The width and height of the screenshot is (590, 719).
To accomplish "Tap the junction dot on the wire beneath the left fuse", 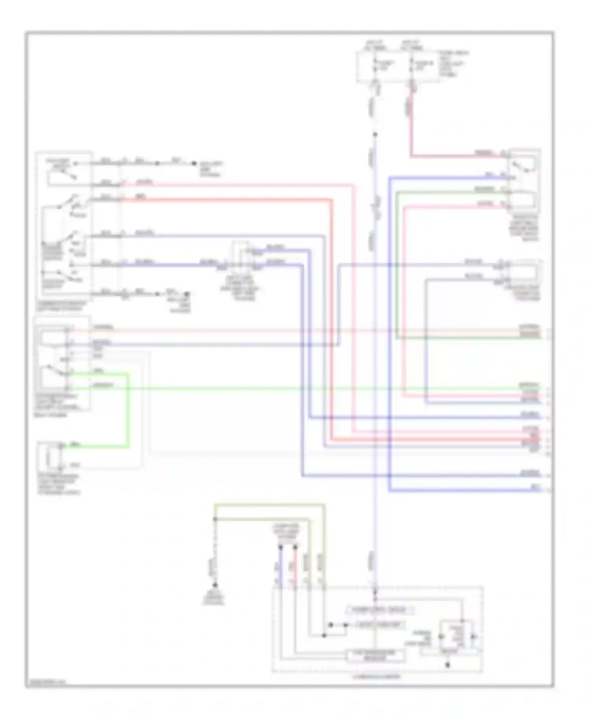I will tap(375, 135).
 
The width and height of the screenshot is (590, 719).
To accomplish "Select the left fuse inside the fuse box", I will tap(375, 65).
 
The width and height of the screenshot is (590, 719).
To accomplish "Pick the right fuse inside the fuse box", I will tap(411, 65).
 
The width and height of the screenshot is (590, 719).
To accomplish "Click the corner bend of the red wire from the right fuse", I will tap(411, 156).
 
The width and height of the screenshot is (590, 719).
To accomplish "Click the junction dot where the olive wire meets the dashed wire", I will tap(215, 519).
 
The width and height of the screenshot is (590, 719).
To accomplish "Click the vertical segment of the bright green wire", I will tap(127, 409).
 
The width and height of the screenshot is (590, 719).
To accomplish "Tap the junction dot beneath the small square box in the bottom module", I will tap(448, 666).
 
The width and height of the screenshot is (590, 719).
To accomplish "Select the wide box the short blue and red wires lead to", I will tap(376, 655).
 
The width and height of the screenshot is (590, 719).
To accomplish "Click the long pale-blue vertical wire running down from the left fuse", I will tap(375, 354).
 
